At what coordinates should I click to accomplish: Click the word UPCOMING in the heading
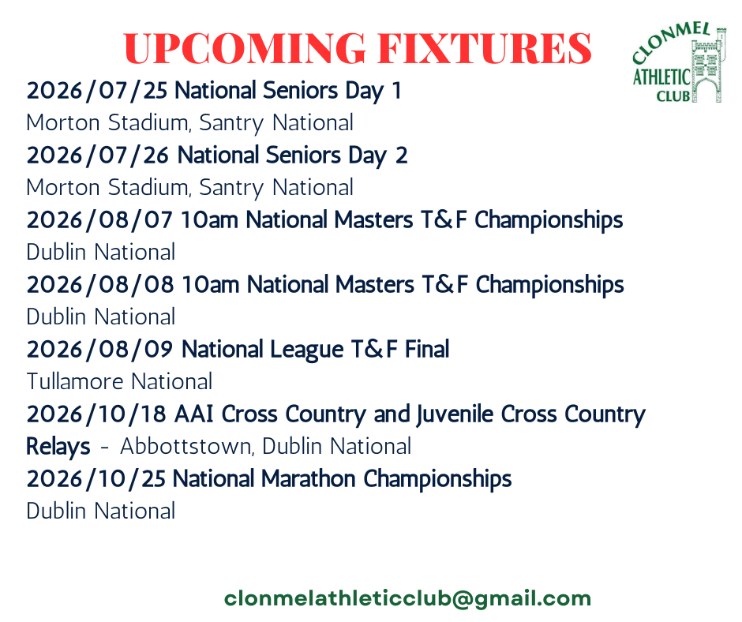tap(245, 48)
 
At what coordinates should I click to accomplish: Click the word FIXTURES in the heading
tap(485, 48)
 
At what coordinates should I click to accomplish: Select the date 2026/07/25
tap(97, 91)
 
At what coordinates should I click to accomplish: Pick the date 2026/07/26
tap(97, 155)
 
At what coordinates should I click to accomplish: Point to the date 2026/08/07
tap(99, 220)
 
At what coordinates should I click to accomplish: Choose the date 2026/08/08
tap(99, 285)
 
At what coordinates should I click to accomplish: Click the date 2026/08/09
tap(99, 350)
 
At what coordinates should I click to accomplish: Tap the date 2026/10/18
tap(96, 414)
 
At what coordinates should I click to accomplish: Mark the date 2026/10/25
tap(96, 479)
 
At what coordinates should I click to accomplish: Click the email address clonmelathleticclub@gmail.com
tap(407, 599)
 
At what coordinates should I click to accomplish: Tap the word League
tap(306, 350)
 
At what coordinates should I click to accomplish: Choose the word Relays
tap(58, 447)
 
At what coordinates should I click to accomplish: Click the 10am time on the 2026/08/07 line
tap(209, 220)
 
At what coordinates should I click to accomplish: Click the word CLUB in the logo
tap(673, 96)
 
